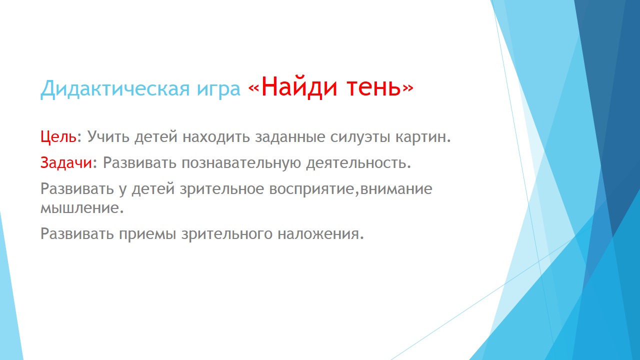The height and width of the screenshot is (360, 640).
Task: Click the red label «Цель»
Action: pyautogui.click(x=58, y=137)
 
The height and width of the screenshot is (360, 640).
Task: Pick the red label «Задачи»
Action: pyautogui.click(x=66, y=162)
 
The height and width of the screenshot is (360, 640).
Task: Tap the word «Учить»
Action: pyautogui.click(x=108, y=136)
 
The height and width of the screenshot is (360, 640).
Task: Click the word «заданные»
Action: pyautogui.click(x=290, y=137)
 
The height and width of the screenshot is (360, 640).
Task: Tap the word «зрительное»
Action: pyautogui.click(x=222, y=189)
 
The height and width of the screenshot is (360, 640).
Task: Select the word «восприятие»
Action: pyautogui.click(x=311, y=189)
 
